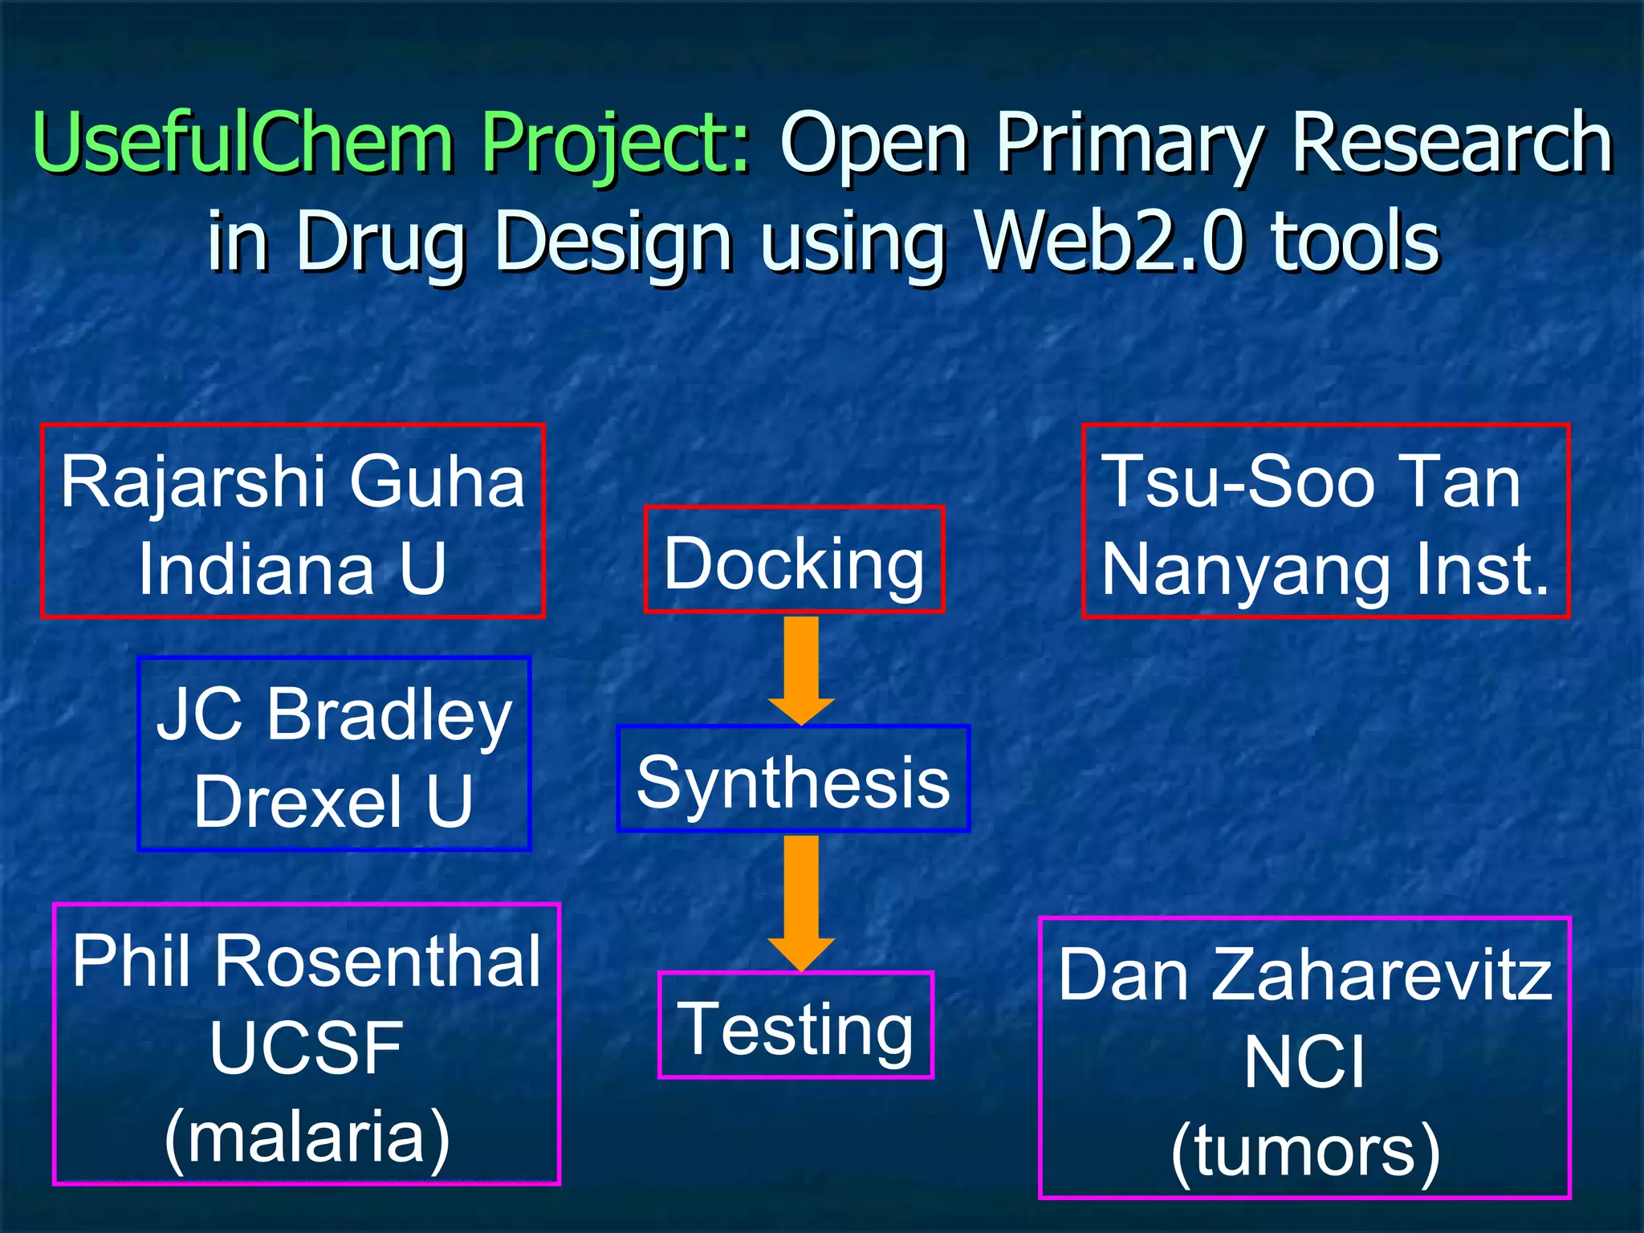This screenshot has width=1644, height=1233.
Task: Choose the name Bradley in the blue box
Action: (x=389, y=714)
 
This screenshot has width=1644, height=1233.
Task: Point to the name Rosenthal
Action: (x=377, y=961)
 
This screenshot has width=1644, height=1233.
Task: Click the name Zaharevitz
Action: (x=1382, y=975)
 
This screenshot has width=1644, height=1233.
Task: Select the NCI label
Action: (x=1304, y=1062)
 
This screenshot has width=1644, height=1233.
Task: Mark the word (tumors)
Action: (x=1305, y=1151)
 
